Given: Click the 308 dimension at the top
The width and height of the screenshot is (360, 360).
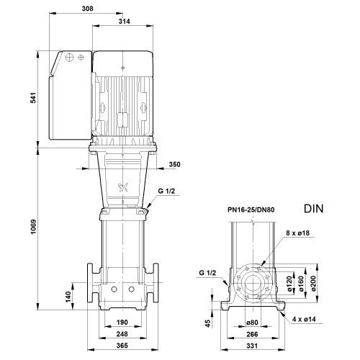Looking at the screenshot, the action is (x=87, y=9).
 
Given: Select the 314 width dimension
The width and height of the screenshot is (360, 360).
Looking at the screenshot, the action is (x=125, y=22).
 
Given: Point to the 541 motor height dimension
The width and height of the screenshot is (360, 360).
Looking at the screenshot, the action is (x=33, y=98).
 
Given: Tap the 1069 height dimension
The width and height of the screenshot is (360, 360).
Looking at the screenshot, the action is (x=33, y=227).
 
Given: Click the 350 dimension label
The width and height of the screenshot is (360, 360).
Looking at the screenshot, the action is (x=174, y=164).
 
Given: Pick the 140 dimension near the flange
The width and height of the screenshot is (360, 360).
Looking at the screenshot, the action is (x=68, y=297).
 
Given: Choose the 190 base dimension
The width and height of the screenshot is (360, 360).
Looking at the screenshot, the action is (x=122, y=323).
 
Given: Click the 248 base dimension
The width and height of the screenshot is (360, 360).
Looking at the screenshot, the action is (x=122, y=334).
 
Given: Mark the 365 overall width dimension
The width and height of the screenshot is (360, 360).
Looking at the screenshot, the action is (x=122, y=346).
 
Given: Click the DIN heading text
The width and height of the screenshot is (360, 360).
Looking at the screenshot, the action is (x=314, y=209).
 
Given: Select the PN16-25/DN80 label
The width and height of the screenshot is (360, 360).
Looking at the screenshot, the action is (x=251, y=210).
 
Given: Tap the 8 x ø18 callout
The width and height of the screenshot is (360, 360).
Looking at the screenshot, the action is (x=297, y=233).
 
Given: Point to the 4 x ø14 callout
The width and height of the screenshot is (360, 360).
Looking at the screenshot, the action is (x=304, y=320).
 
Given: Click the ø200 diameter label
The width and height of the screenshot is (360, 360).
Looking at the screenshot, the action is (x=314, y=284).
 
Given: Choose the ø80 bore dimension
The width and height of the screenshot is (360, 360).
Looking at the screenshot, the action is (x=252, y=323).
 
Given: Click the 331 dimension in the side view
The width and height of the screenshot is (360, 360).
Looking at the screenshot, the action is (x=252, y=346).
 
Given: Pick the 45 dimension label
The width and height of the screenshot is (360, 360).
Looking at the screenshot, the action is (x=208, y=323).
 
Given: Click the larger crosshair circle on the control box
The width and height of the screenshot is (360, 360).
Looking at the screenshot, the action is (x=69, y=58).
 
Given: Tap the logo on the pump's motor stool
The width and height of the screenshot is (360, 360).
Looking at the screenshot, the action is (x=123, y=187).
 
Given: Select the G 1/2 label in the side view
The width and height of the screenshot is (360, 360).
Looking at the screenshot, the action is (x=207, y=273).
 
